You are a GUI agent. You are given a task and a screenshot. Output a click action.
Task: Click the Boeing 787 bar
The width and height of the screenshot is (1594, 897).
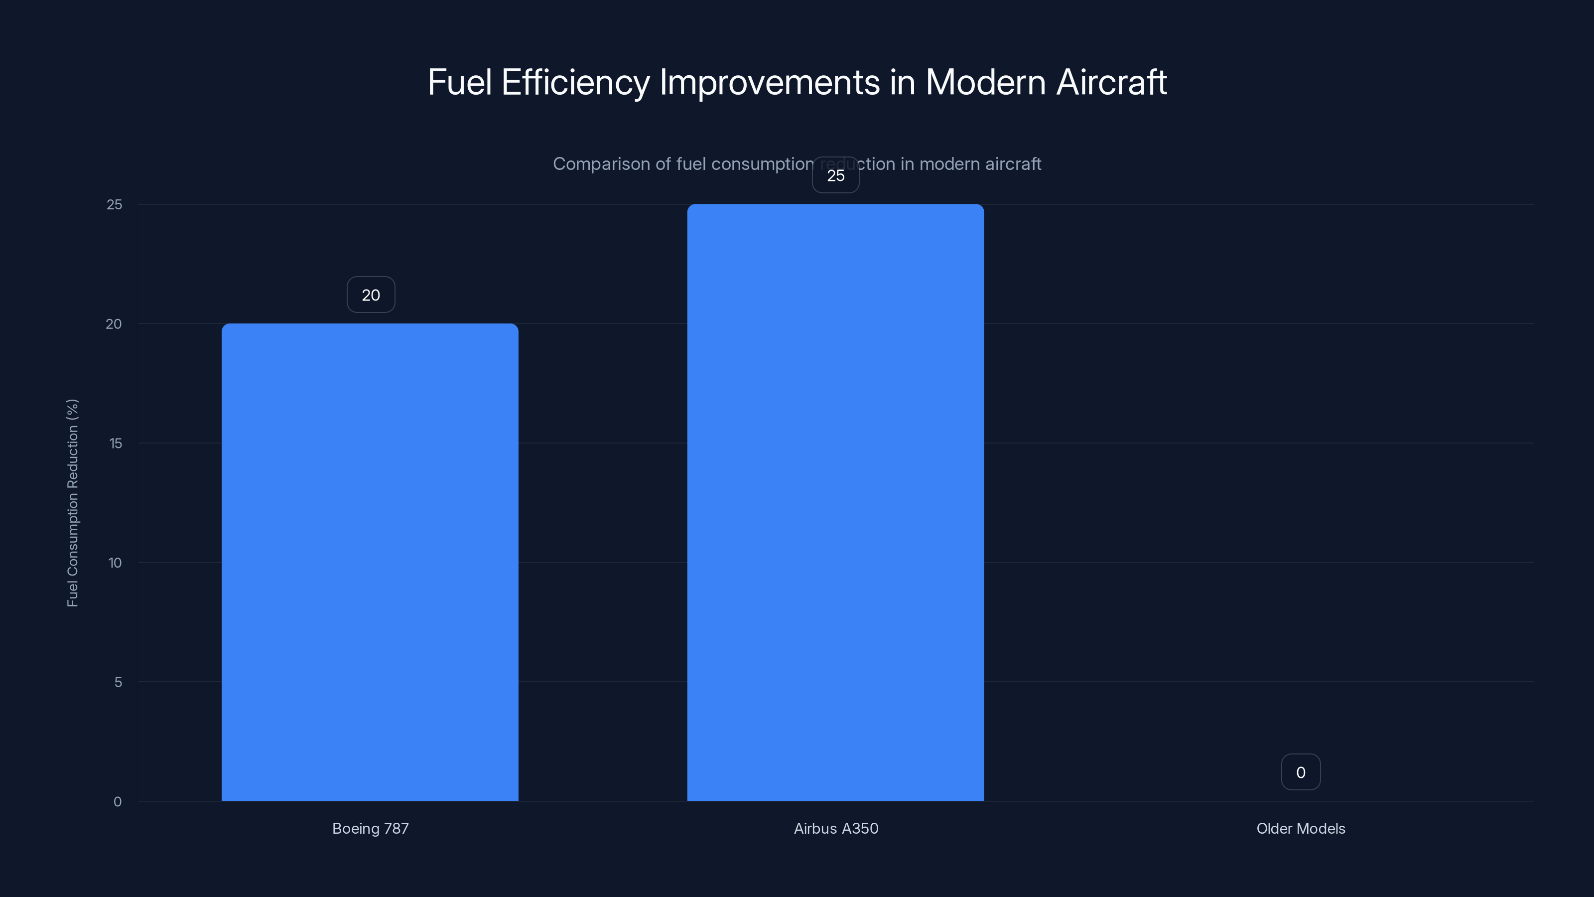click(370, 562)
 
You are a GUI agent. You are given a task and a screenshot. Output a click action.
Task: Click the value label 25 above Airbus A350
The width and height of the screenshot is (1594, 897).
click(835, 176)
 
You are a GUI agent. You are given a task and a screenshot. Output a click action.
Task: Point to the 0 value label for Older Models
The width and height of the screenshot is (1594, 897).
click(1301, 772)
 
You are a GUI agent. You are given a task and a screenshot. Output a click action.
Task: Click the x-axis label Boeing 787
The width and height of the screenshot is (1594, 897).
click(370, 828)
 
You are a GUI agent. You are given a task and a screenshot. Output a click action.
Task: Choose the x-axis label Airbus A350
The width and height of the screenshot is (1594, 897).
click(836, 828)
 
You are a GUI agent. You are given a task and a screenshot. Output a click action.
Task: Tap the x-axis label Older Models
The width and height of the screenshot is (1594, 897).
click(1301, 828)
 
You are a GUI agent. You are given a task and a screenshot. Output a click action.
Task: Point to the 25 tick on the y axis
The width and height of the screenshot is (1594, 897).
click(115, 204)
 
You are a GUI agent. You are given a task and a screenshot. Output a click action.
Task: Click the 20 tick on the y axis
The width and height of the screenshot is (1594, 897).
click(114, 324)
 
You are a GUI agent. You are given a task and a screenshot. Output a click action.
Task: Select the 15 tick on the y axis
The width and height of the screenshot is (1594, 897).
click(115, 443)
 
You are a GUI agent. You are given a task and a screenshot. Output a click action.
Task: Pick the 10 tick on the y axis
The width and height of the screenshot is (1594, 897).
click(115, 563)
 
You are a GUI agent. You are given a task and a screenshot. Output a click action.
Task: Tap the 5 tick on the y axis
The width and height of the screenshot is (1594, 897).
click(118, 682)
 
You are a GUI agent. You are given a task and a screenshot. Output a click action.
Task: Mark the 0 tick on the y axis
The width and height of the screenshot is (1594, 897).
click(118, 802)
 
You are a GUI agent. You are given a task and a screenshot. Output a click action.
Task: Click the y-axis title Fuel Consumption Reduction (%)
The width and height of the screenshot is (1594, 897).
click(72, 503)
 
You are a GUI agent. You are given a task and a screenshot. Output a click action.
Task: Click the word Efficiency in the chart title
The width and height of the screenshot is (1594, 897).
click(575, 82)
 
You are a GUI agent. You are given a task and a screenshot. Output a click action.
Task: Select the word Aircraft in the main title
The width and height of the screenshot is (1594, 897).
click(1111, 82)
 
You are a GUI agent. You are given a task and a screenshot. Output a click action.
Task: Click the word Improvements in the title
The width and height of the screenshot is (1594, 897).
click(770, 82)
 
